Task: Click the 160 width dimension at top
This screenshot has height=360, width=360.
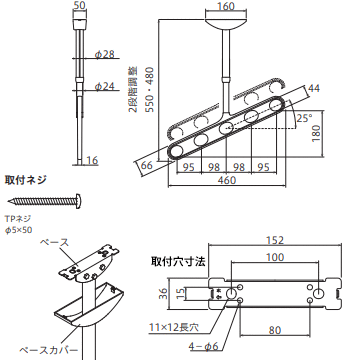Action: pos(227,6)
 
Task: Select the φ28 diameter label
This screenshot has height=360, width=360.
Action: pos(104,55)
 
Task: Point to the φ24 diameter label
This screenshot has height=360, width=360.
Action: pos(104,87)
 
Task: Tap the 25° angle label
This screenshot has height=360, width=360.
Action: pos(304,119)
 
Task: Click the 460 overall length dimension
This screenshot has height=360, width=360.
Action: pos(227,180)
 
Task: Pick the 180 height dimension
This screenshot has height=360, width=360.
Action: pos(317,133)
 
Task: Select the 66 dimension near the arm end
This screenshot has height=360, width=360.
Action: pos(146,165)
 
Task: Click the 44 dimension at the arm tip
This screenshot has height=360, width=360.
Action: pos(314,88)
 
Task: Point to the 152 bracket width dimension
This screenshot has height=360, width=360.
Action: pos(275,240)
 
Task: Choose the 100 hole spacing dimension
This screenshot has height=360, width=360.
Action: pos(275,257)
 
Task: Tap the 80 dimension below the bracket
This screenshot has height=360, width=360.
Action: pos(275,330)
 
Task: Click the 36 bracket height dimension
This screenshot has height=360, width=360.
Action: pos(163,293)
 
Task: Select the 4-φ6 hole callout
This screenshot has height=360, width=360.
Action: pos(203,347)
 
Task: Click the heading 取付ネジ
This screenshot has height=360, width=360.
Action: pos(25,180)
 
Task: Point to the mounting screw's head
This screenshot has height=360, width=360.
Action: pos(79,201)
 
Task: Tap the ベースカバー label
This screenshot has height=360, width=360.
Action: pos(48,350)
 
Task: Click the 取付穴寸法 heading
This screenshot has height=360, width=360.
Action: pos(178,261)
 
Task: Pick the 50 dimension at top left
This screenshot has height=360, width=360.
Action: pos(79,6)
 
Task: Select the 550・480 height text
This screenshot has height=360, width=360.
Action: pos(150,90)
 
